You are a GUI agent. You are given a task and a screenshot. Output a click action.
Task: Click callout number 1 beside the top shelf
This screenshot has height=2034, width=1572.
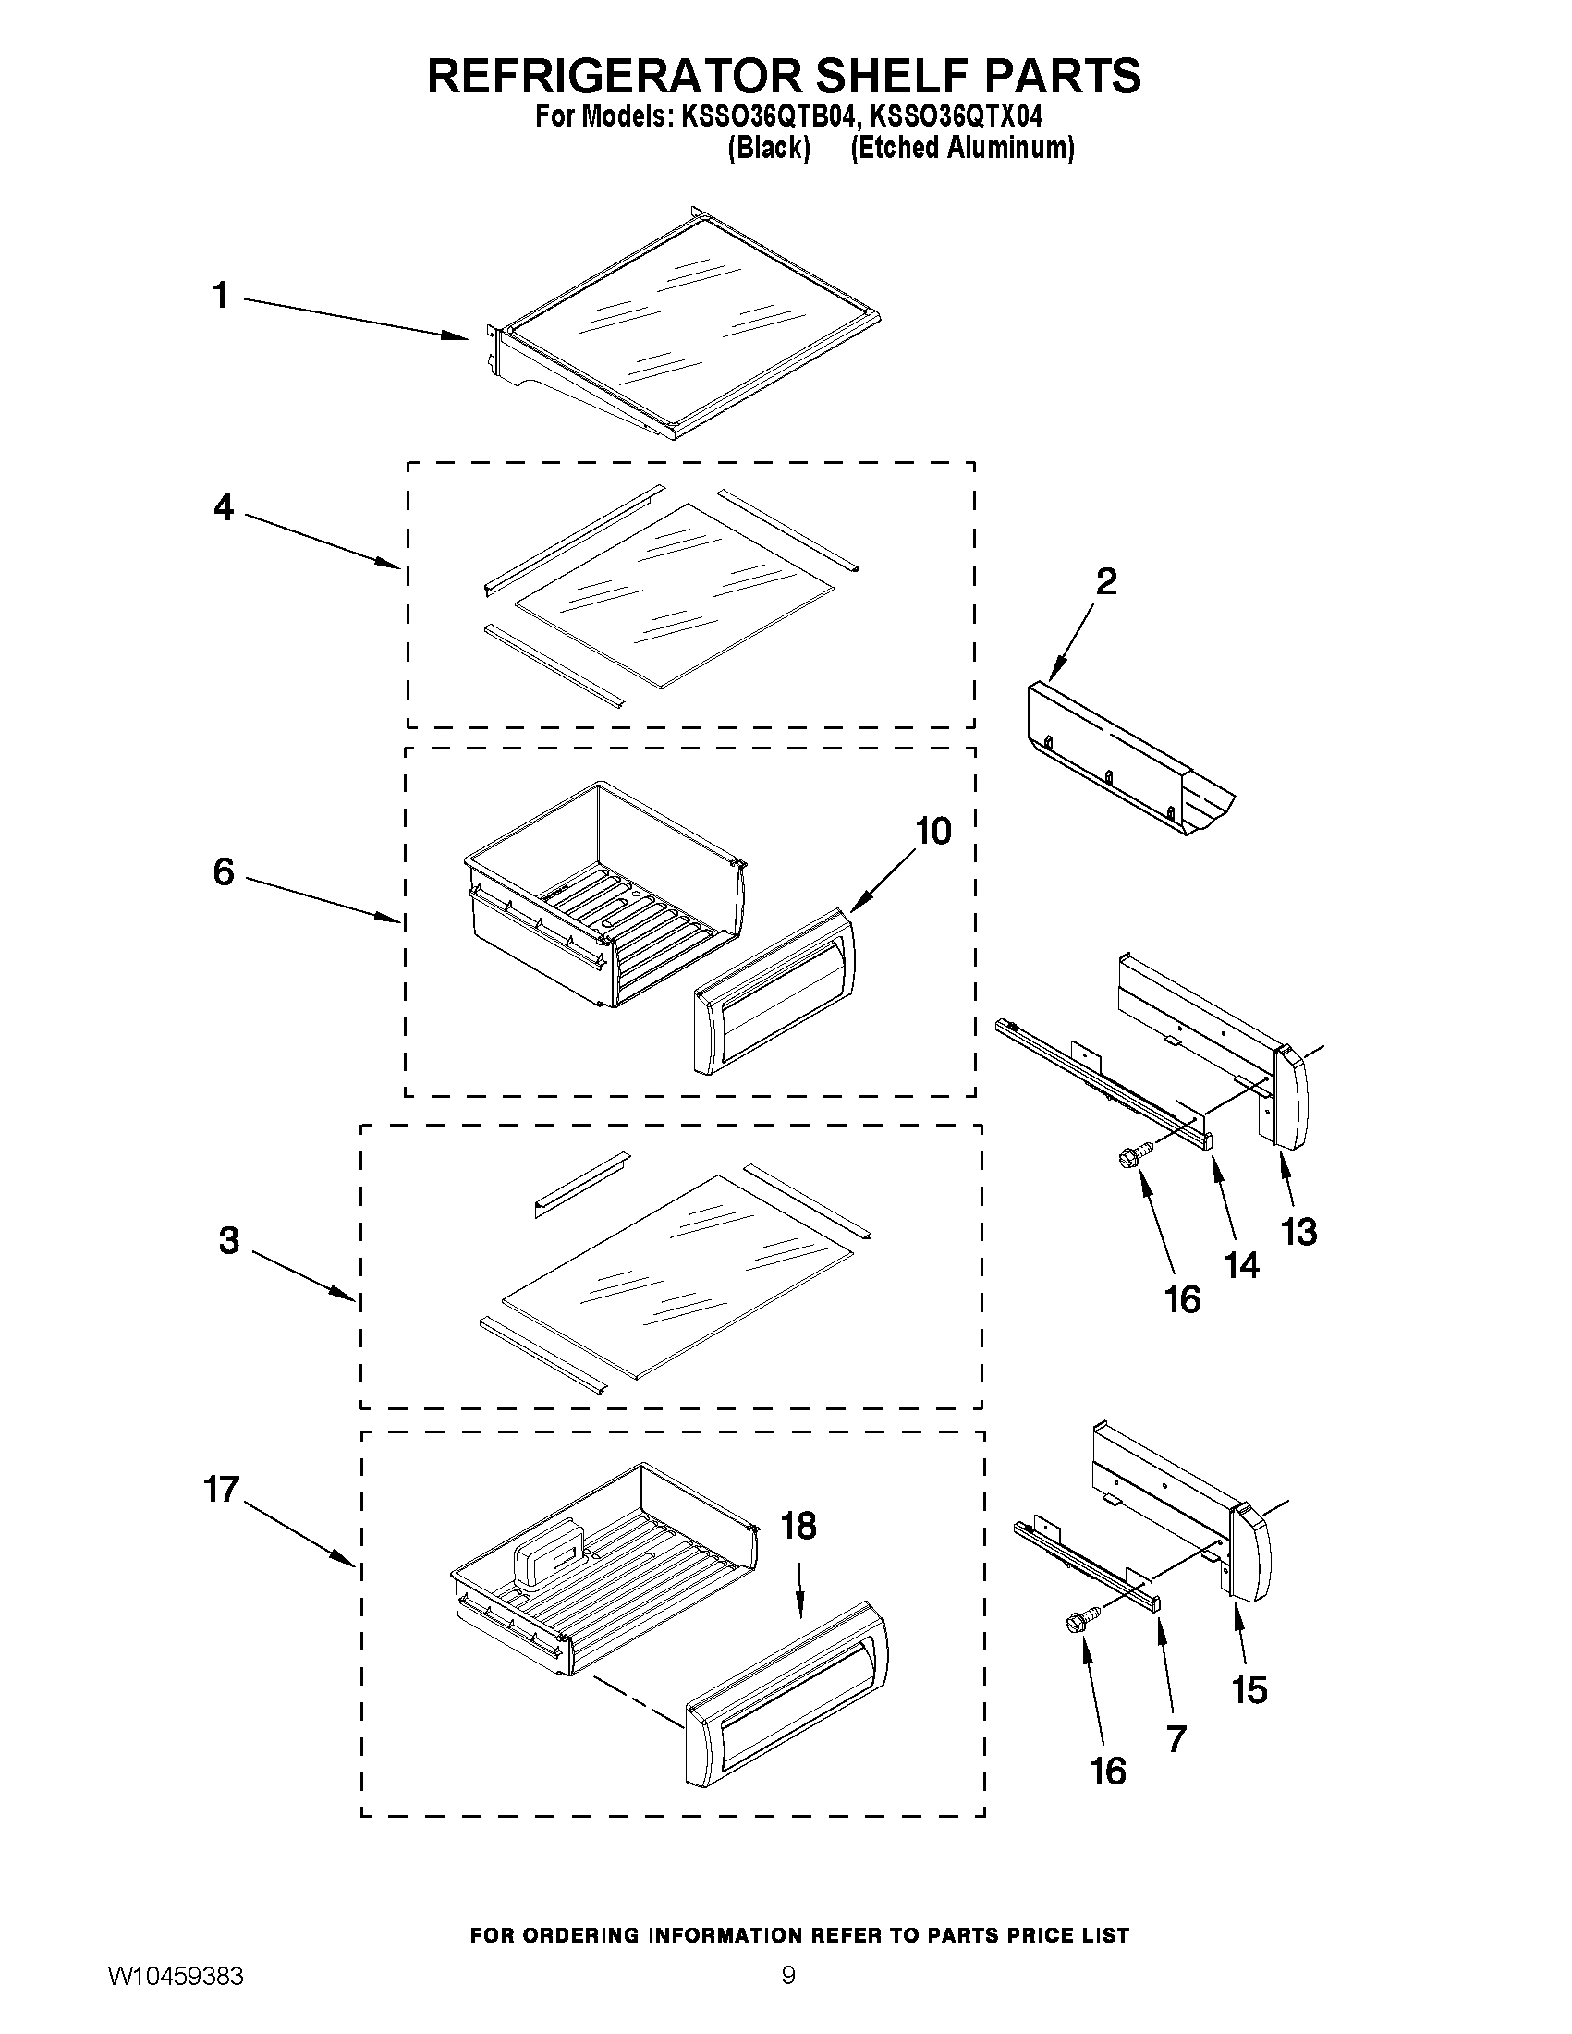click(220, 296)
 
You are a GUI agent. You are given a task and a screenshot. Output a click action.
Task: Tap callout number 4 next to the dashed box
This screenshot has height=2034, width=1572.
click(224, 507)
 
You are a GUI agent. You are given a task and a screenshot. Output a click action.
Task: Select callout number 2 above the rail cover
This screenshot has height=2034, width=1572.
click(1105, 582)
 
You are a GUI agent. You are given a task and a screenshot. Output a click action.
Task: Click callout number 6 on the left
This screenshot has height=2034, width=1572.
click(224, 872)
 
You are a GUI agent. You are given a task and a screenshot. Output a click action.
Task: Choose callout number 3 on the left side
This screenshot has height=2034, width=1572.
click(229, 1240)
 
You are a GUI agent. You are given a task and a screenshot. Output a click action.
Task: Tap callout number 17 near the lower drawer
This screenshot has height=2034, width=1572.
click(223, 1489)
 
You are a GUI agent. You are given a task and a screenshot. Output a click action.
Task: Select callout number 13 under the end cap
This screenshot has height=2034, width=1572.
click(1298, 1232)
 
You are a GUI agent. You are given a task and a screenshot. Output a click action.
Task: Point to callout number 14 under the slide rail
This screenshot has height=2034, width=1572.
click(1241, 1265)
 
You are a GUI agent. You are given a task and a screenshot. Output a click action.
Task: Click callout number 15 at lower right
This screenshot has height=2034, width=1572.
click(1249, 1689)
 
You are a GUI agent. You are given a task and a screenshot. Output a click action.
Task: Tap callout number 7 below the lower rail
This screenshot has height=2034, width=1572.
click(1176, 1738)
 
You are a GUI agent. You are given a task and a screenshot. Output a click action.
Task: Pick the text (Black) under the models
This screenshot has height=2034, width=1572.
click(768, 148)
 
